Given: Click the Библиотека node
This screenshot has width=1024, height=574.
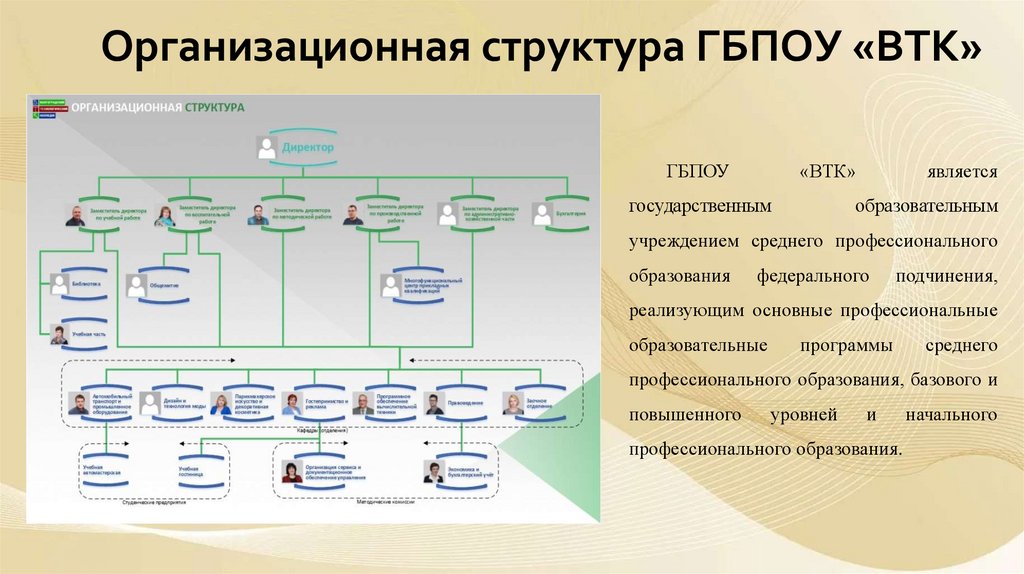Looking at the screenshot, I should click(x=88, y=283).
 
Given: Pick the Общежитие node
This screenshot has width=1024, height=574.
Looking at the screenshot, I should click(x=166, y=286).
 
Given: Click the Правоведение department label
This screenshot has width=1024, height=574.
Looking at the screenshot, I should click(x=466, y=403).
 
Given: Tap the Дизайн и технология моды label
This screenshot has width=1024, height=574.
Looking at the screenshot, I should click(x=186, y=403).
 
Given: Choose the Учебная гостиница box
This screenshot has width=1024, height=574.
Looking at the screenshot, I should click(x=191, y=470).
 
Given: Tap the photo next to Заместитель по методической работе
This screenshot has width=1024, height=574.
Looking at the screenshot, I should click(x=257, y=214).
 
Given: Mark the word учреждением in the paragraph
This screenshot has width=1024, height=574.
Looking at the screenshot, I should click(x=684, y=241).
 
